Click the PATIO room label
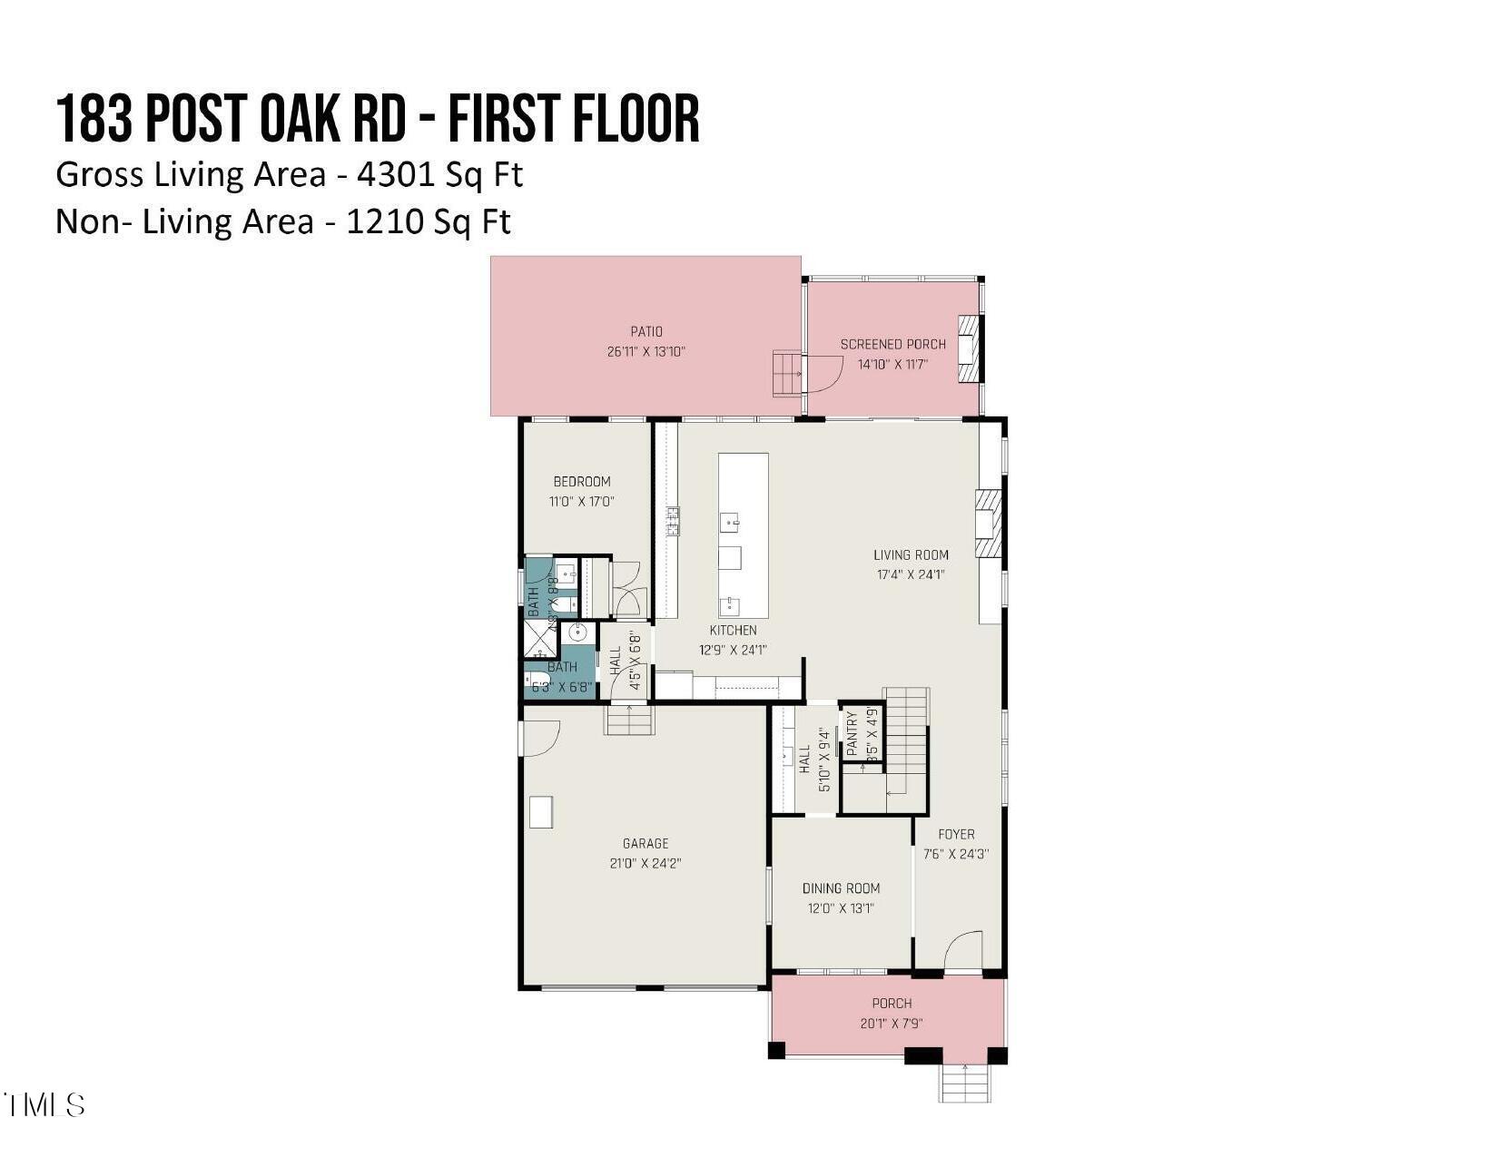(646, 332)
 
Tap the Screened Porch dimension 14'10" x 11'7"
(893, 365)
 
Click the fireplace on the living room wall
(988, 524)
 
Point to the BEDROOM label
(582, 482)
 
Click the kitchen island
(743, 535)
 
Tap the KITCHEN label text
(733, 630)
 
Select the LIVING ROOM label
(911, 554)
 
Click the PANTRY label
(852, 733)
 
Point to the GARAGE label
(646, 844)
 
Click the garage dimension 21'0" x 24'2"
(646, 864)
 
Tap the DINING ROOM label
(841, 888)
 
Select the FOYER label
(956, 834)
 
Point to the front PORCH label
(892, 1004)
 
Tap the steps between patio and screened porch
(787, 374)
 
